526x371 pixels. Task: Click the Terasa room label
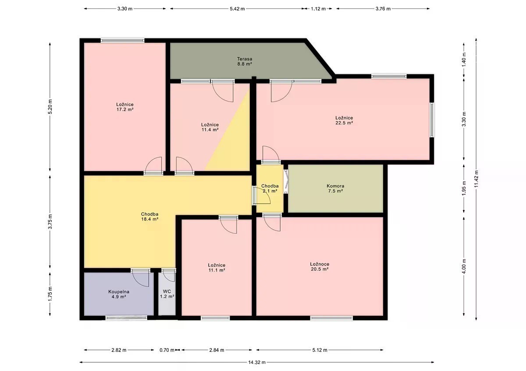point(245,61)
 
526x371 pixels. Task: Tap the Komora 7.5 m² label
point(335,188)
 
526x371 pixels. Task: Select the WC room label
point(167,294)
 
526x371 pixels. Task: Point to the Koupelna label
point(119,294)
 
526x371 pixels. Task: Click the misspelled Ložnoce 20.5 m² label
point(320,266)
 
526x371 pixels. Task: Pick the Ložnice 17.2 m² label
point(125,107)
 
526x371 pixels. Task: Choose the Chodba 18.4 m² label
point(149,217)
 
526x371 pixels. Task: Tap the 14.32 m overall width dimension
point(257,362)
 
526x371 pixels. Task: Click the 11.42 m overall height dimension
point(476,178)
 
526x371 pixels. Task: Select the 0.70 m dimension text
point(167,350)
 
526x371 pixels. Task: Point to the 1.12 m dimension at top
point(318,9)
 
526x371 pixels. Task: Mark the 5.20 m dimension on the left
point(50,107)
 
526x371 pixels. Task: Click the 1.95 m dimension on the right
point(464,189)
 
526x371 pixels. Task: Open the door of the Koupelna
point(140,277)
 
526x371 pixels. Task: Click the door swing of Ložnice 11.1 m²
point(228,224)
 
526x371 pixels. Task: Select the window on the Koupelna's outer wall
point(126,318)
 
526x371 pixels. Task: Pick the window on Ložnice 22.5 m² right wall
point(432,119)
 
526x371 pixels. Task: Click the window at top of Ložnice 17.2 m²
point(123,40)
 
